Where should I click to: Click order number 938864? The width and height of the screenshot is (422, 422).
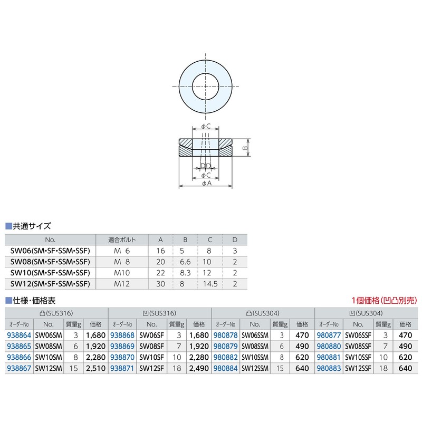(x=19, y=335)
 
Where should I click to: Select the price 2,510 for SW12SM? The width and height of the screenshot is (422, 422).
(x=95, y=368)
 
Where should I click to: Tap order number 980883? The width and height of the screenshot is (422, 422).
(x=329, y=368)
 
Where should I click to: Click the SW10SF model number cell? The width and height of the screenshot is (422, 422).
(x=151, y=358)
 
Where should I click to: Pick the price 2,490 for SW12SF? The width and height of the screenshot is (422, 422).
(x=199, y=368)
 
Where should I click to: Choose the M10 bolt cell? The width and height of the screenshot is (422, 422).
(x=122, y=273)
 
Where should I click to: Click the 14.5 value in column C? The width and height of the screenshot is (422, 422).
(x=210, y=284)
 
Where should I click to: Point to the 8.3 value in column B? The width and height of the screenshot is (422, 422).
(x=185, y=273)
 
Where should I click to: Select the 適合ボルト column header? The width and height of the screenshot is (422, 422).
(x=122, y=240)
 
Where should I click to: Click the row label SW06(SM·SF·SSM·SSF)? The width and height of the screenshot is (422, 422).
(x=50, y=251)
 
